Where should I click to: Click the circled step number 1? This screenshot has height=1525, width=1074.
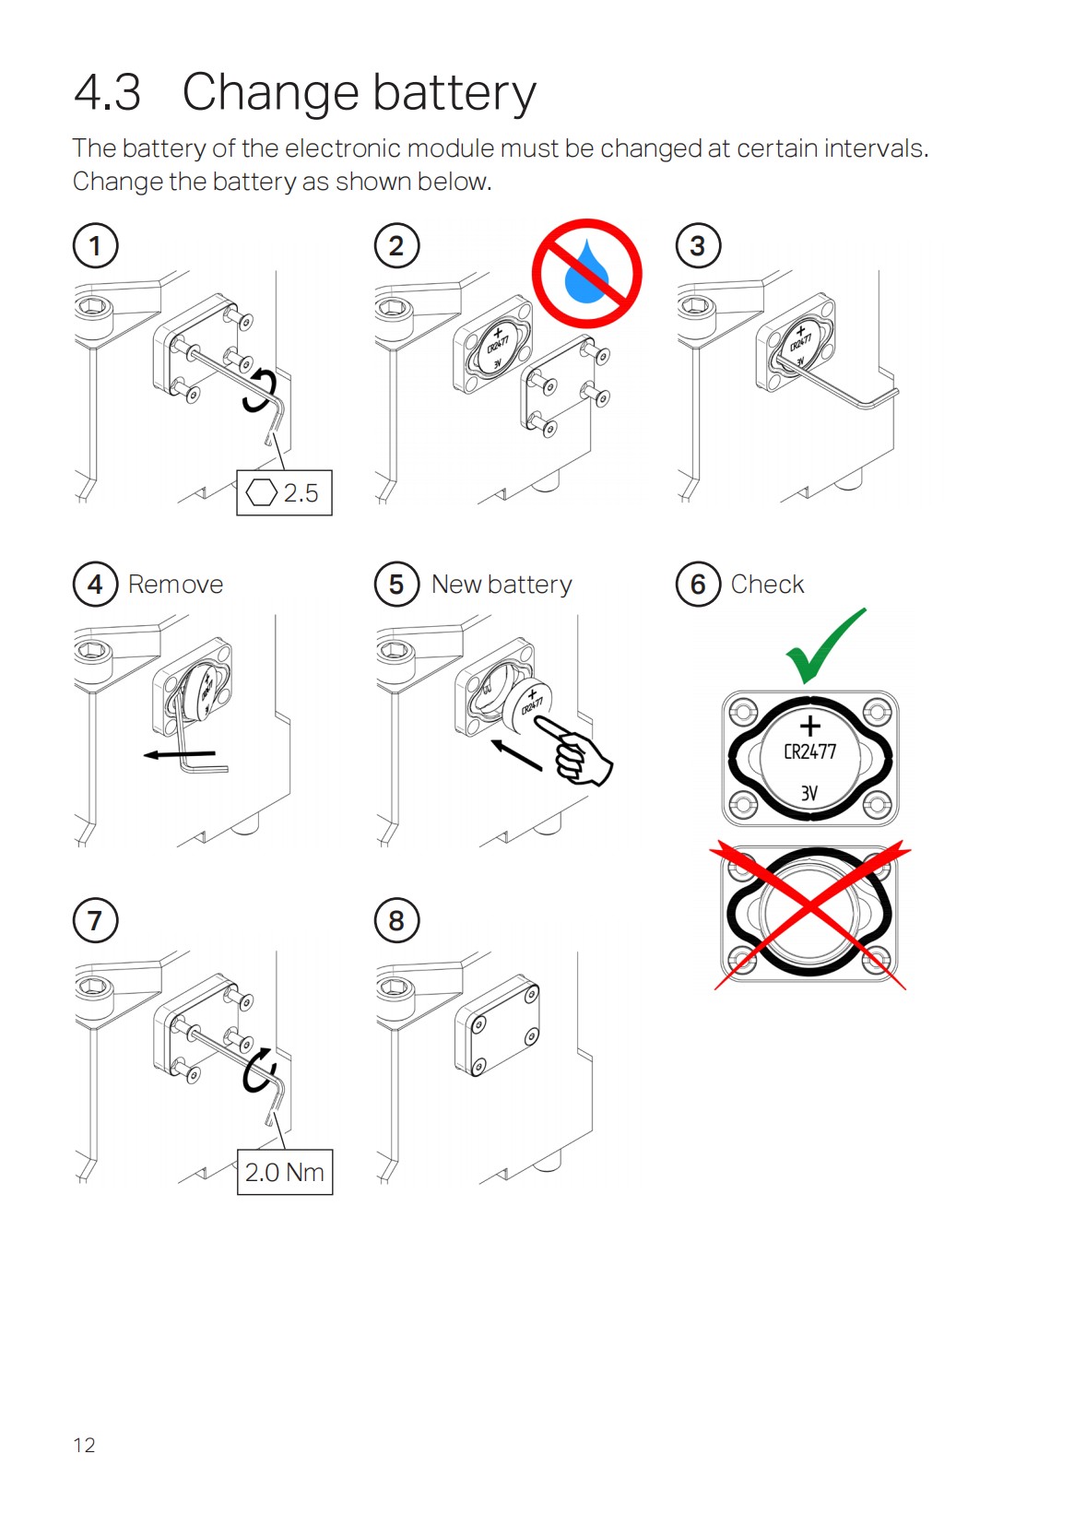95,246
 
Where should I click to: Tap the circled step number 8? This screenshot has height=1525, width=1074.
396,921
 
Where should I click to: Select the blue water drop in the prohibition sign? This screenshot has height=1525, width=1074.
586,273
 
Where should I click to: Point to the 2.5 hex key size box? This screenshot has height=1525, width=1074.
284,493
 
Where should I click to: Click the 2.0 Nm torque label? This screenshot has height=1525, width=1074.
285,1173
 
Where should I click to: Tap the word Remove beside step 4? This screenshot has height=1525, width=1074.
175,585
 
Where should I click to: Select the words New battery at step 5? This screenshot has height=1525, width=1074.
502,585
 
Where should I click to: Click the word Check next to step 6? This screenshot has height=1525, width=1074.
767,585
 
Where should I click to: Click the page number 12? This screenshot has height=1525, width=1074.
84,1445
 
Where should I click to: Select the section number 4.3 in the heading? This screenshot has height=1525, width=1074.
107,92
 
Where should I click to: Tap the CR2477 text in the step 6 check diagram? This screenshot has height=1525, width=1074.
809,751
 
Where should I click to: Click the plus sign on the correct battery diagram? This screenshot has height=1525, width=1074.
809,726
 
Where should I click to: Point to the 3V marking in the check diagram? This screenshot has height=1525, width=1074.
808,793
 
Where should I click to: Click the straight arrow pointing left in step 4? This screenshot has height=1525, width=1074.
180,754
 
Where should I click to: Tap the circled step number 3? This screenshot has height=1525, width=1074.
698,246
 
